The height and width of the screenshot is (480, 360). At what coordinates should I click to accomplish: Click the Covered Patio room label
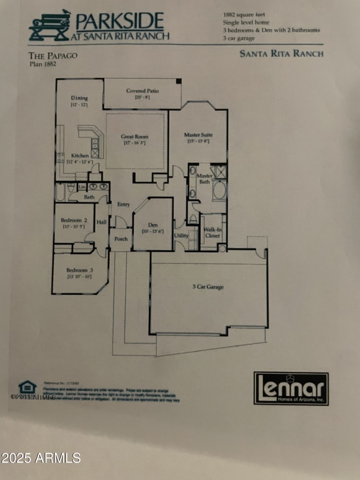click(142, 91)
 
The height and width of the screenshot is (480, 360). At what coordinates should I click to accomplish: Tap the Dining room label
click(79, 98)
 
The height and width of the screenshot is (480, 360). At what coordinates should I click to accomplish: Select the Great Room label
click(135, 137)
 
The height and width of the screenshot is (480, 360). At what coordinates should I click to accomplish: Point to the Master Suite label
click(198, 135)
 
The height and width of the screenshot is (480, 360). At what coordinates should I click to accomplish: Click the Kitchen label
click(80, 156)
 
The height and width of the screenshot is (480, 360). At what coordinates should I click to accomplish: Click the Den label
click(152, 225)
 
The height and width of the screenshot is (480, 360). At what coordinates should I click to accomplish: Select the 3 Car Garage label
click(208, 287)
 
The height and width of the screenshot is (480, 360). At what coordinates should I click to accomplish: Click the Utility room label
click(181, 235)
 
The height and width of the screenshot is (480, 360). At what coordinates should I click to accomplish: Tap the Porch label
click(121, 238)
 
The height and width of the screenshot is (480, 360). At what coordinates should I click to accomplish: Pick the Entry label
click(124, 204)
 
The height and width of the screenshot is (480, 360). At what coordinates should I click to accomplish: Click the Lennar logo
click(291, 388)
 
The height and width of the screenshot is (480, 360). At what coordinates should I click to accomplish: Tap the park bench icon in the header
click(49, 26)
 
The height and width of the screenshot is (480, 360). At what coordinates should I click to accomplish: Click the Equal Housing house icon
click(27, 387)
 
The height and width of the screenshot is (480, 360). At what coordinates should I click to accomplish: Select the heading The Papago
click(53, 56)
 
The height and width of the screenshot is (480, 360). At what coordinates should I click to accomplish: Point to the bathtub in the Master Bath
click(219, 191)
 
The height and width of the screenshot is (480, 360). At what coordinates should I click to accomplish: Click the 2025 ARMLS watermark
click(40, 458)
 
